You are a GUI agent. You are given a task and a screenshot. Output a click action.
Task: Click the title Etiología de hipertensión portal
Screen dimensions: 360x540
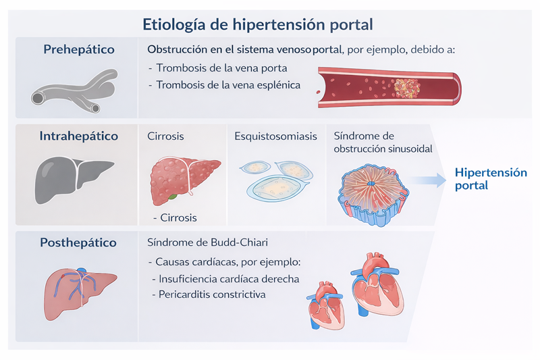(x=258, y=24)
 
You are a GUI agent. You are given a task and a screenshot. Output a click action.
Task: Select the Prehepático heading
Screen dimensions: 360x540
(x=79, y=50)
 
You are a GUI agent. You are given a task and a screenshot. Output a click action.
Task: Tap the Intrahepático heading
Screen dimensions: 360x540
(x=79, y=136)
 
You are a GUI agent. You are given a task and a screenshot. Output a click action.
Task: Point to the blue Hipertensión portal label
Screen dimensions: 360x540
(x=491, y=178)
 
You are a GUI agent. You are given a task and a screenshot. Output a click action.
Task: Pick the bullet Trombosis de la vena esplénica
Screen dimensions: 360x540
(x=228, y=86)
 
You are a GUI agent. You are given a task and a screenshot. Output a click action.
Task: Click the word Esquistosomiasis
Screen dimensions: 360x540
(x=275, y=136)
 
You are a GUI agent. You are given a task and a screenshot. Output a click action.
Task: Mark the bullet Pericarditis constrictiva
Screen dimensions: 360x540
(x=211, y=294)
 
